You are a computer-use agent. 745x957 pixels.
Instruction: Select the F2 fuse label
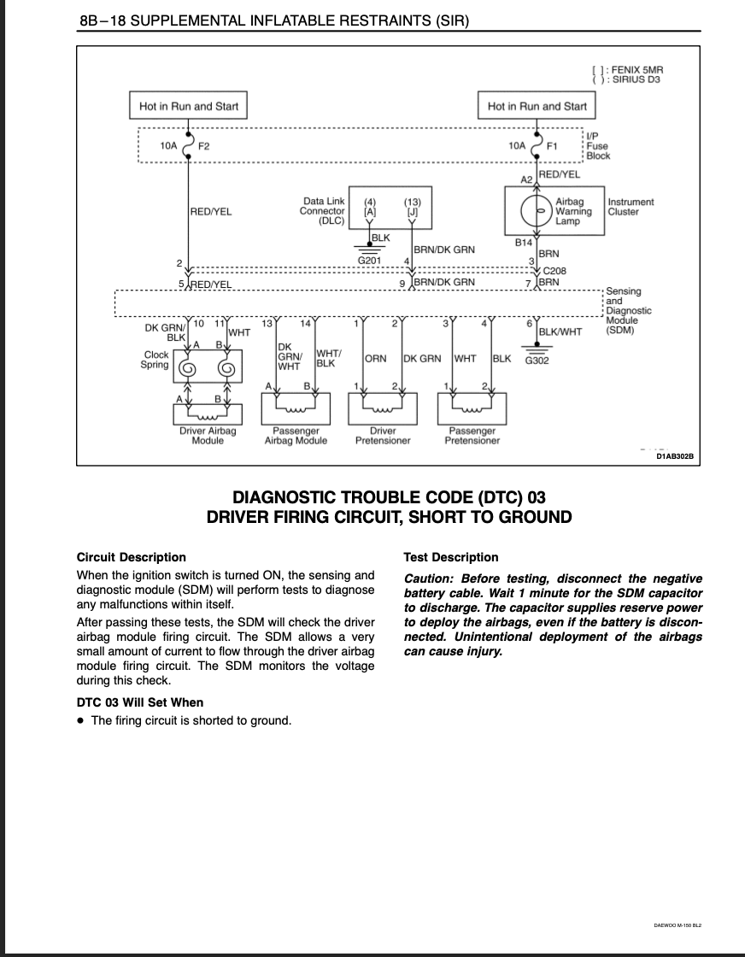(203, 146)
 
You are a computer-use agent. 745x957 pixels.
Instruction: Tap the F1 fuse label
(552, 146)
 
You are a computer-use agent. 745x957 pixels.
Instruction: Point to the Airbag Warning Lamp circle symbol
(537, 210)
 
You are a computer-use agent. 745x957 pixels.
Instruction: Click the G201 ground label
(369, 260)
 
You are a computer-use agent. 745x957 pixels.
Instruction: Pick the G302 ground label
(537, 360)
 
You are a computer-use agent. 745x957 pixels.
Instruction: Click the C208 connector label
(554, 270)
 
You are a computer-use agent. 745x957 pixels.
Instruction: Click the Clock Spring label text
(155, 360)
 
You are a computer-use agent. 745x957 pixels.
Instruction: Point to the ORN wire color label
(375, 358)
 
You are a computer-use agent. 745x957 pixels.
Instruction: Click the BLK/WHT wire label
(560, 332)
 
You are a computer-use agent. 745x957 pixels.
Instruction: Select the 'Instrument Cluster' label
(631, 206)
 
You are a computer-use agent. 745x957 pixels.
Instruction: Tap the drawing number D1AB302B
(675, 456)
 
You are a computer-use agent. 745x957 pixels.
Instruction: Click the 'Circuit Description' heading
(132, 557)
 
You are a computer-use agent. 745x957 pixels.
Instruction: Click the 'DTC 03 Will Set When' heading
(140, 702)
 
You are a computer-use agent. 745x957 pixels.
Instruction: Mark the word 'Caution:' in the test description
(428, 578)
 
